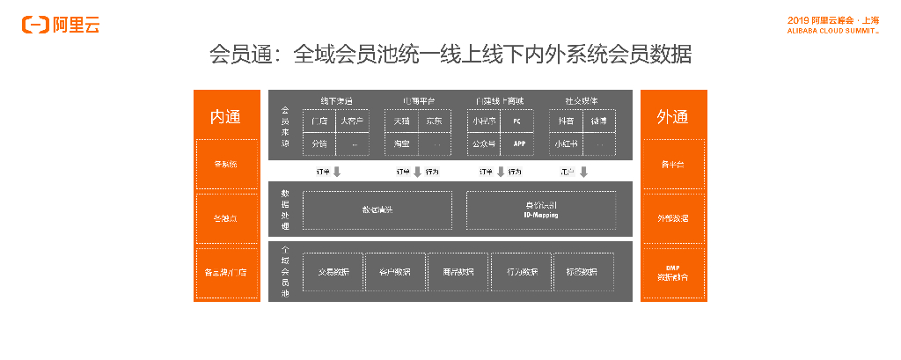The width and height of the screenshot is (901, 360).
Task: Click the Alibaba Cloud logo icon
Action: tap(36, 25)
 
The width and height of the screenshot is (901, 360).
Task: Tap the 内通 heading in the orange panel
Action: tap(226, 117)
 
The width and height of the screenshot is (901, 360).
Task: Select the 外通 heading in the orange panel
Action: tap(673, 117)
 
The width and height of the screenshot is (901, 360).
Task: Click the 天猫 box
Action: tap(401, 121)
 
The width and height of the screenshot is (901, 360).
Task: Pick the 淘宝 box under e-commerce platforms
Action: tap(401, 143)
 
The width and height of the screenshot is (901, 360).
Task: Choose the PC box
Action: tap(517, 121)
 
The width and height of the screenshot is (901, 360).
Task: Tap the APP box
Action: tap(517, 143)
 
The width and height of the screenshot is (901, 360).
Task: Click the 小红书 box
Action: tap(565, 143)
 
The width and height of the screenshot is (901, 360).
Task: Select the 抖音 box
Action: tap(566, 121)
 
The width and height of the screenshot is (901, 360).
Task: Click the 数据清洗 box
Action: tap(377, 210)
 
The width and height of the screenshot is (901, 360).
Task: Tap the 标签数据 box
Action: tap(583, 272)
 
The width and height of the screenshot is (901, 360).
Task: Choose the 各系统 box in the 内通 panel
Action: tap(226, 164)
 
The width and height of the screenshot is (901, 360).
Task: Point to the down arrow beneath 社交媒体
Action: tap(583, 172)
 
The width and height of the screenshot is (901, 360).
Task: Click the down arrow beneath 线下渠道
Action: tap(337, 172)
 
